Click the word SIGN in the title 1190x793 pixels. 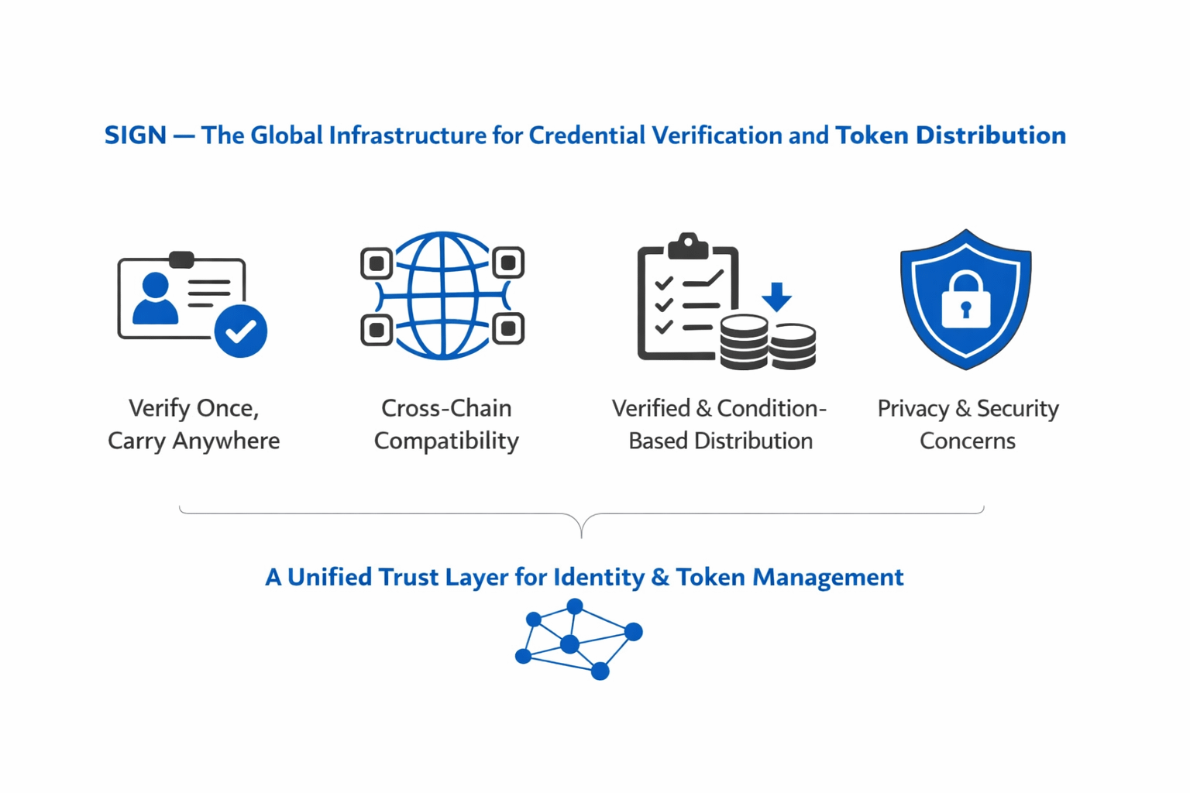[135, 136]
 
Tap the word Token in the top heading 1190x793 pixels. [872, 136]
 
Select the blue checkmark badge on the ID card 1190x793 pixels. [241, 331]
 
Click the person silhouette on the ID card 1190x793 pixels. [155, 298]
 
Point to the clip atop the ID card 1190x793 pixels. [181, 259]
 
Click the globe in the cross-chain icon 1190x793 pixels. [442, 296]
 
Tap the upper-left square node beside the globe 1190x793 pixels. [377, 263]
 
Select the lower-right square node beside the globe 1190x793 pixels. [508, 329]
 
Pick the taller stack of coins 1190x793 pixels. [744, 342]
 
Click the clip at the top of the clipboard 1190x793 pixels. [687, 246]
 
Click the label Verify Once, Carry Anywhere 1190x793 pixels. [194, 424]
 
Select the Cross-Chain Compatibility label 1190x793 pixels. [446, 424]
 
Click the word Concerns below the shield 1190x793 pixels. [967, 441]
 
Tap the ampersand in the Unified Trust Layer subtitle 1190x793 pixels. [660, 577]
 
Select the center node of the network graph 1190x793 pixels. [569, 644]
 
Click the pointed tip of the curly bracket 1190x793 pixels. [581, 534]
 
